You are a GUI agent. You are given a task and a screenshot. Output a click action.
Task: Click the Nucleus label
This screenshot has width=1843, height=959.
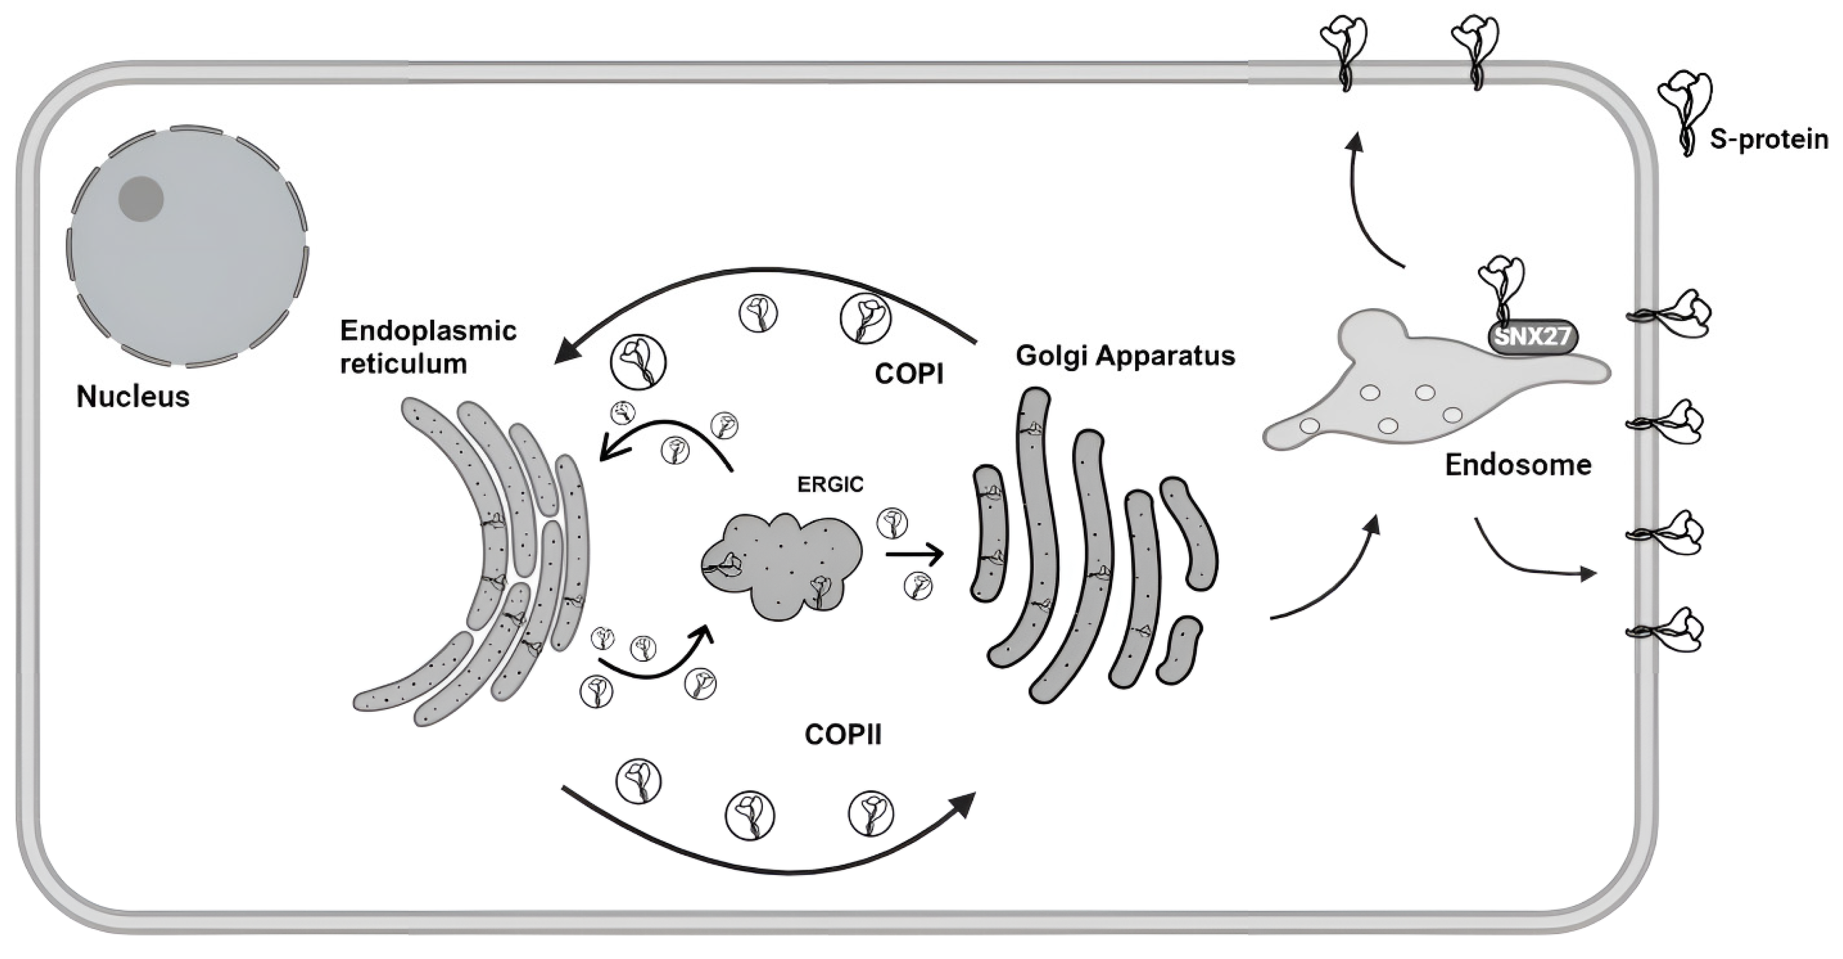point(133,396)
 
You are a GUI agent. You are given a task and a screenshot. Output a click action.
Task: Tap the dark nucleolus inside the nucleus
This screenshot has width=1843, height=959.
point(141,199)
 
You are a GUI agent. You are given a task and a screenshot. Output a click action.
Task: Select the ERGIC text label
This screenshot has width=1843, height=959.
point(830,485)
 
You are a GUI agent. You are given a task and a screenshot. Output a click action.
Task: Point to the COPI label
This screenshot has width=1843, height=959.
point(909,374)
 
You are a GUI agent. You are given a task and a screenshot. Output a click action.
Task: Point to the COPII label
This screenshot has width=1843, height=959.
point(843,734)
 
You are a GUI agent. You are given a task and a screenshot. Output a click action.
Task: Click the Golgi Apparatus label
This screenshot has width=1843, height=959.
point(1126,356)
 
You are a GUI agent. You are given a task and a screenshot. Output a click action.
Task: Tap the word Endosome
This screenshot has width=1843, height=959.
point(1518,465)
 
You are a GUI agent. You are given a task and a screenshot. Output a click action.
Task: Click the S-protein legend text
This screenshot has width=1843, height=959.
point(1769,139)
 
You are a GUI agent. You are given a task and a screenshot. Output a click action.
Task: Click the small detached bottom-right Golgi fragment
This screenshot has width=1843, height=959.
point(1178,650)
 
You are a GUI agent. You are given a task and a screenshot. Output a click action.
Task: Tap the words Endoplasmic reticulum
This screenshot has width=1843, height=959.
point(428,347)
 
